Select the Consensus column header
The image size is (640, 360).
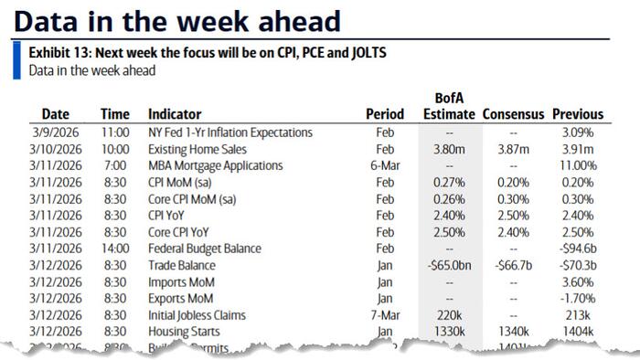pos(513,114)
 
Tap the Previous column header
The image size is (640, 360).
pos(578,114)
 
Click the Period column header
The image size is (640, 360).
pos(384,114)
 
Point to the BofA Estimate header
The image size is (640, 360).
pos(449,106)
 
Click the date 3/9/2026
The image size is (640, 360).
pos(61,132)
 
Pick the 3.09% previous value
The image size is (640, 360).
pos(580,132)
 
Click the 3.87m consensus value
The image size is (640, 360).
pos(513,149)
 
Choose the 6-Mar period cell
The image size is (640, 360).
pos(384,165)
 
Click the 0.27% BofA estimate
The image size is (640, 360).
pos(449,182)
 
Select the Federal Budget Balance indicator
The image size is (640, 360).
pos(204,248)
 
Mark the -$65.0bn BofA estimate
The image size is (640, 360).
pos(447,264)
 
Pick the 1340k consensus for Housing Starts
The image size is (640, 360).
pos(513,330)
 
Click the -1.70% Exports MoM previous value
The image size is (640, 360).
pos(578,297)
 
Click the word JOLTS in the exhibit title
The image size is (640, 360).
pos(366,53)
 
